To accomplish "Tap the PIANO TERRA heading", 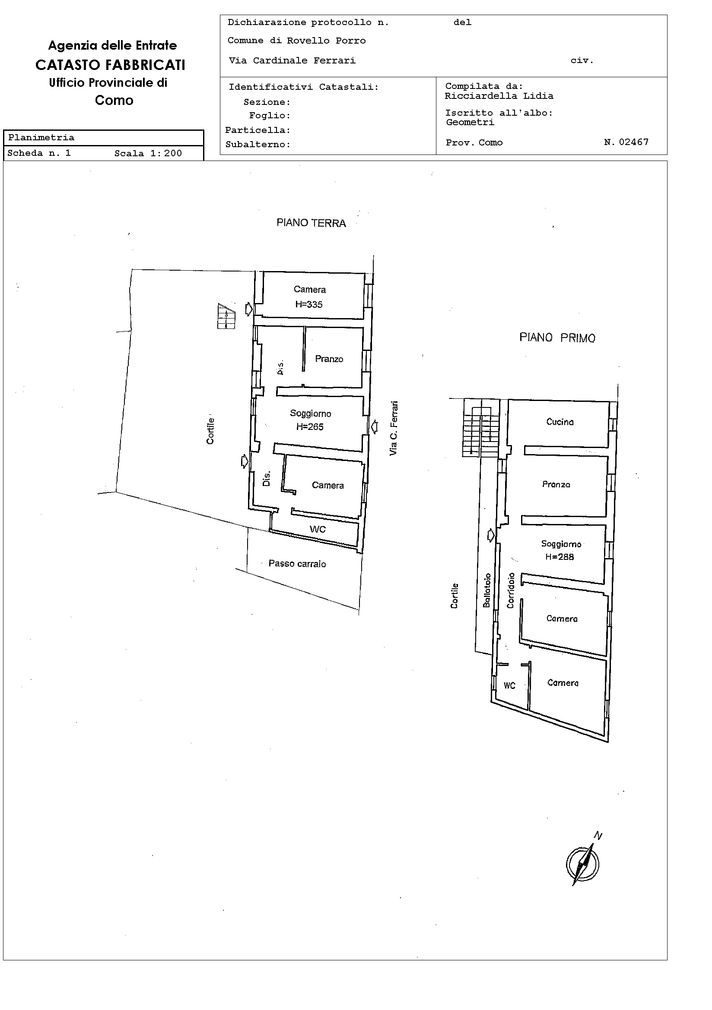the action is point(311,223).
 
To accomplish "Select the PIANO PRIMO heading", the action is point(557,338).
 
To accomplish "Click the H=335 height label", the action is point(308,304).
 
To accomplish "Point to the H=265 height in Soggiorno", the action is point(309,426).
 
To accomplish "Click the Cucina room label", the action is point(559,421).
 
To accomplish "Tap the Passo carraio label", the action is point(297,564).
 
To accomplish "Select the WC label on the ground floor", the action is point(318,529).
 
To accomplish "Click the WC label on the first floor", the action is point(509,685).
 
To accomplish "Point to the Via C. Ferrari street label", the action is point(394,428).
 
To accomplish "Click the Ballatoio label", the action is point(486,590).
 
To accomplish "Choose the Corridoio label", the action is point(511,590).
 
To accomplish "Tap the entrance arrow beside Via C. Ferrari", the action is point(374,426).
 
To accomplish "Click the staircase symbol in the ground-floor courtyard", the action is point(226,316).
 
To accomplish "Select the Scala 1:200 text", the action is point(148,153).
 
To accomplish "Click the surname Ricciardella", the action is point(480,96).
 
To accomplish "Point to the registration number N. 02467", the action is point(626,142).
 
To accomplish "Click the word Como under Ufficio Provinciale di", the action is point(114,100).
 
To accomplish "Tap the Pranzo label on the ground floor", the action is point(329,359).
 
